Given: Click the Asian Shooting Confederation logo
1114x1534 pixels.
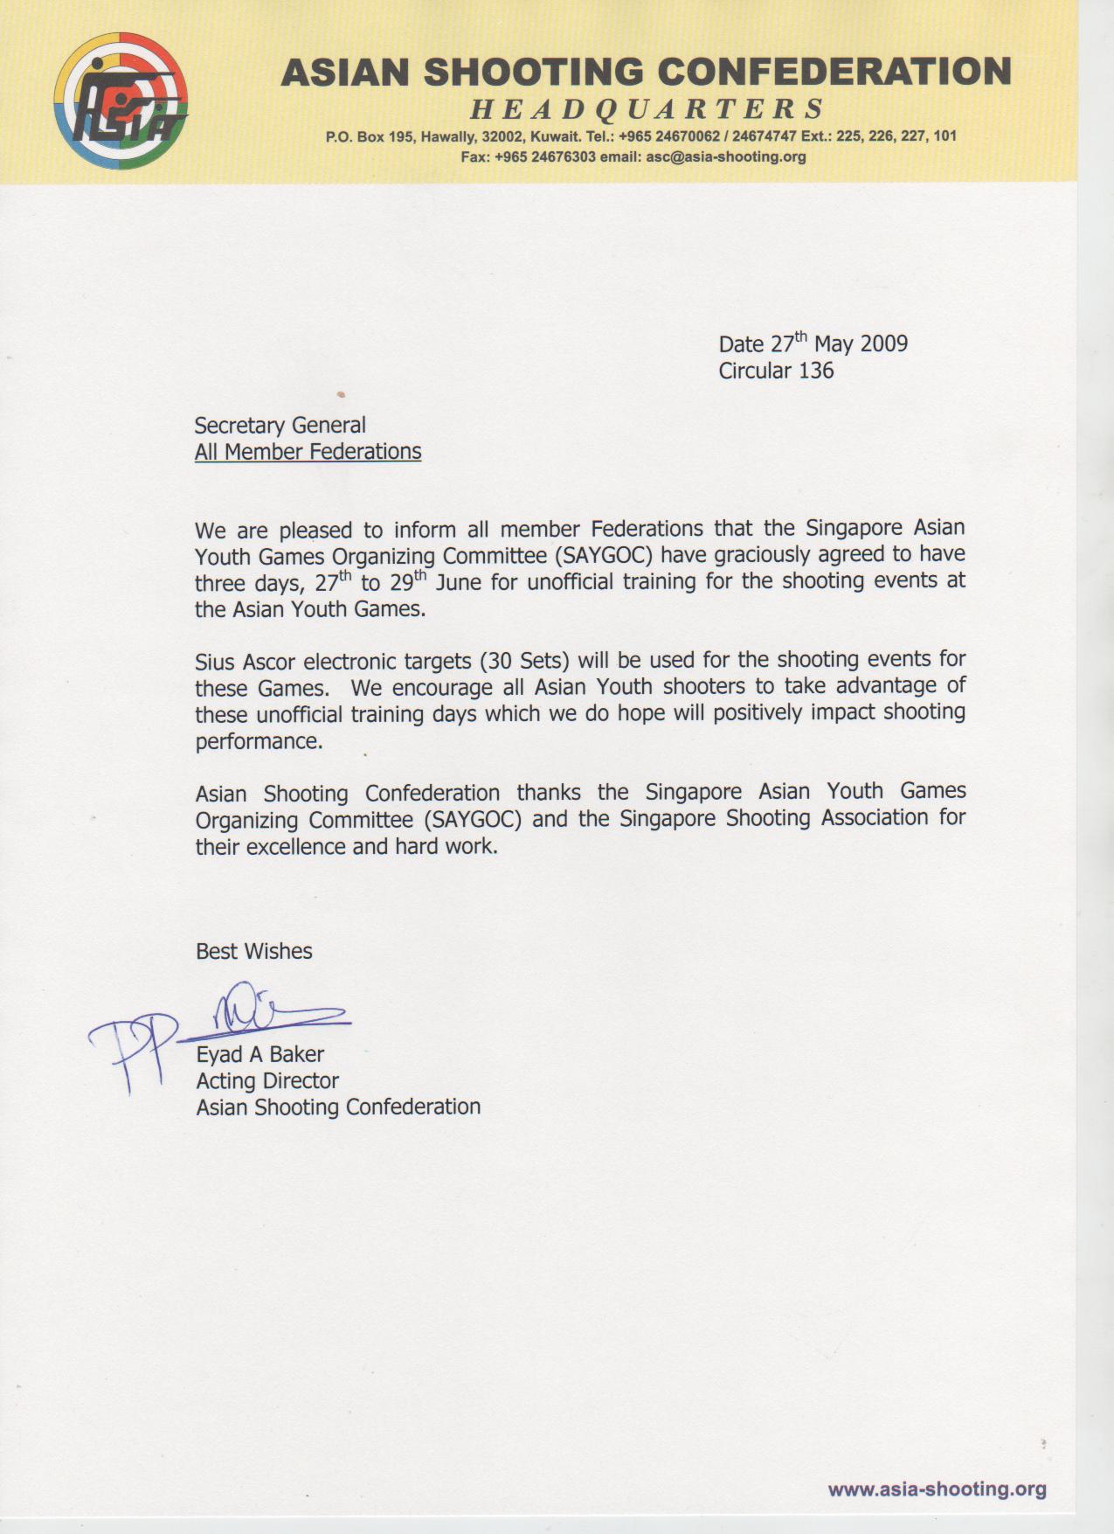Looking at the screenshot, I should click(121, 101).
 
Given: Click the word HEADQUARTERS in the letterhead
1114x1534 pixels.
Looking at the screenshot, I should click(647, 109).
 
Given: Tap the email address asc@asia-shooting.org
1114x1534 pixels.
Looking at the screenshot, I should click(725, 157).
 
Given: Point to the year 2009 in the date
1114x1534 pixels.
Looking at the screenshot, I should click(883, 344).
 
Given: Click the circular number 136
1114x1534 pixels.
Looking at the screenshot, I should click(816, 371).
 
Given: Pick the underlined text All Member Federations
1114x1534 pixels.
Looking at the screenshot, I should click(308, 452).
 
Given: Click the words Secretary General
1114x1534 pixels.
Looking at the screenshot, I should click(280, 426).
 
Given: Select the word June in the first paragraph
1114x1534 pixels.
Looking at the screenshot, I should click(459, 583).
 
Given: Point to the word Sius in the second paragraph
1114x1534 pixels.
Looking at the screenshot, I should click(215, 662).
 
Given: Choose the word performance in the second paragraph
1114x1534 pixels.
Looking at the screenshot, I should click(258, 742).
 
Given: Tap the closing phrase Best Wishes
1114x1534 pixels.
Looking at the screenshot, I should click(253, 951).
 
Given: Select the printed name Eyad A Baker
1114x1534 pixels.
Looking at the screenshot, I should click(259, 1054).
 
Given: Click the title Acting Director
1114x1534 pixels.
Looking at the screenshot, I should click(266, 1081).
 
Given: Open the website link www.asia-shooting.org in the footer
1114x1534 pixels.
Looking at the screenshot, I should click(937, 1489).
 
